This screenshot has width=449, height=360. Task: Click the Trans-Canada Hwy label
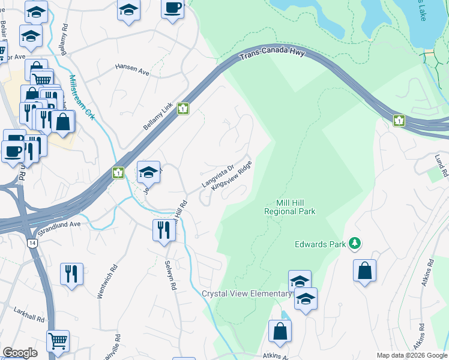click(x=273, y=56)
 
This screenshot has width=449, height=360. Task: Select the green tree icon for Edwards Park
click(x=355, y=243)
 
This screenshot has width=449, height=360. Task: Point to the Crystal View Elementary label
click(x=246, y=293)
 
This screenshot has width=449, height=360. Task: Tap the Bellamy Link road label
click(x=158, y=117)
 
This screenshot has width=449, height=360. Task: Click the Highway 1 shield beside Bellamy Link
click(x=183, y=108)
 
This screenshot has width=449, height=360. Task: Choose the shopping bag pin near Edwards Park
click(x=364, y=271)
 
